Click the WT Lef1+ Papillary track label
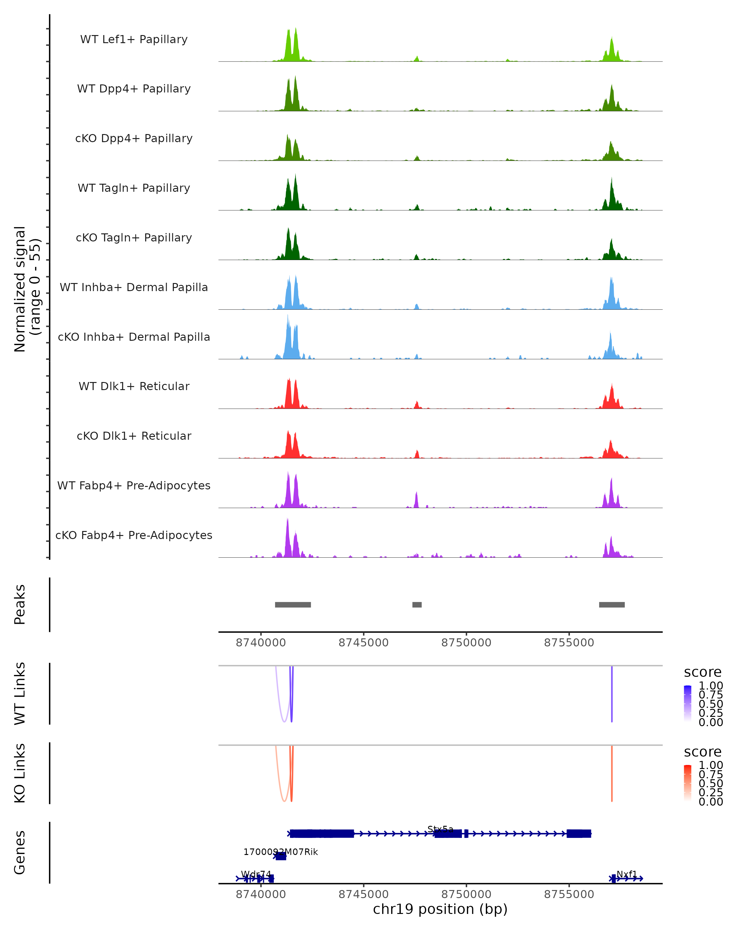pyautogui.click(x=134, y=39)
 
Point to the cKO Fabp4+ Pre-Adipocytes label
pyautogui.click(x=134, y=535)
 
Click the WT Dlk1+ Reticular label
pyautogui.click(x=134, y=386)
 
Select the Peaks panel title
pyautogui.click(x=20, y=605)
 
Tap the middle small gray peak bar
pyautogui.click(x=417, y=605)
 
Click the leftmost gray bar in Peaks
pyautogui.click(x=293, y=605)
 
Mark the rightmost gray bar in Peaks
pyautogui.click(x=612, y=605)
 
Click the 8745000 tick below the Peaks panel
pyautogui.click(x=363, y=643)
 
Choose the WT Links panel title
pyautogui.click(x=20, y=694)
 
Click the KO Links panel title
pyautogui.click(x=20, y=773)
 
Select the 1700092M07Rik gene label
pyautogui.click(x=281, y=852)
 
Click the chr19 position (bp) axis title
pyautogui.click(x=440, y=909)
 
